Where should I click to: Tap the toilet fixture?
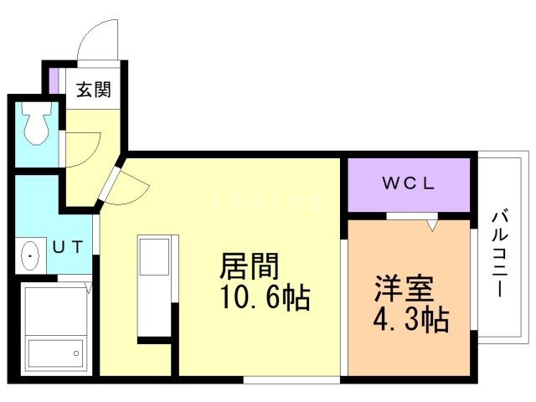pyautogui.click(x=35, y=125)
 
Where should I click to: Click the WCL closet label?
pyautogui.click(x=408, y=185)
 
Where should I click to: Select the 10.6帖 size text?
pyautogui.click(x=264, y=297)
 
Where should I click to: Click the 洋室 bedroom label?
pyautogui.click(x=404, y=291)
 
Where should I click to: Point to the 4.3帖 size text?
pyautogui.click(x=410, y=319)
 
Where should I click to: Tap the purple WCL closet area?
pyautogui.click(x=408, y=185)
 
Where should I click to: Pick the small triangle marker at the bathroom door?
pyautogui.click(x=87, y=290)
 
